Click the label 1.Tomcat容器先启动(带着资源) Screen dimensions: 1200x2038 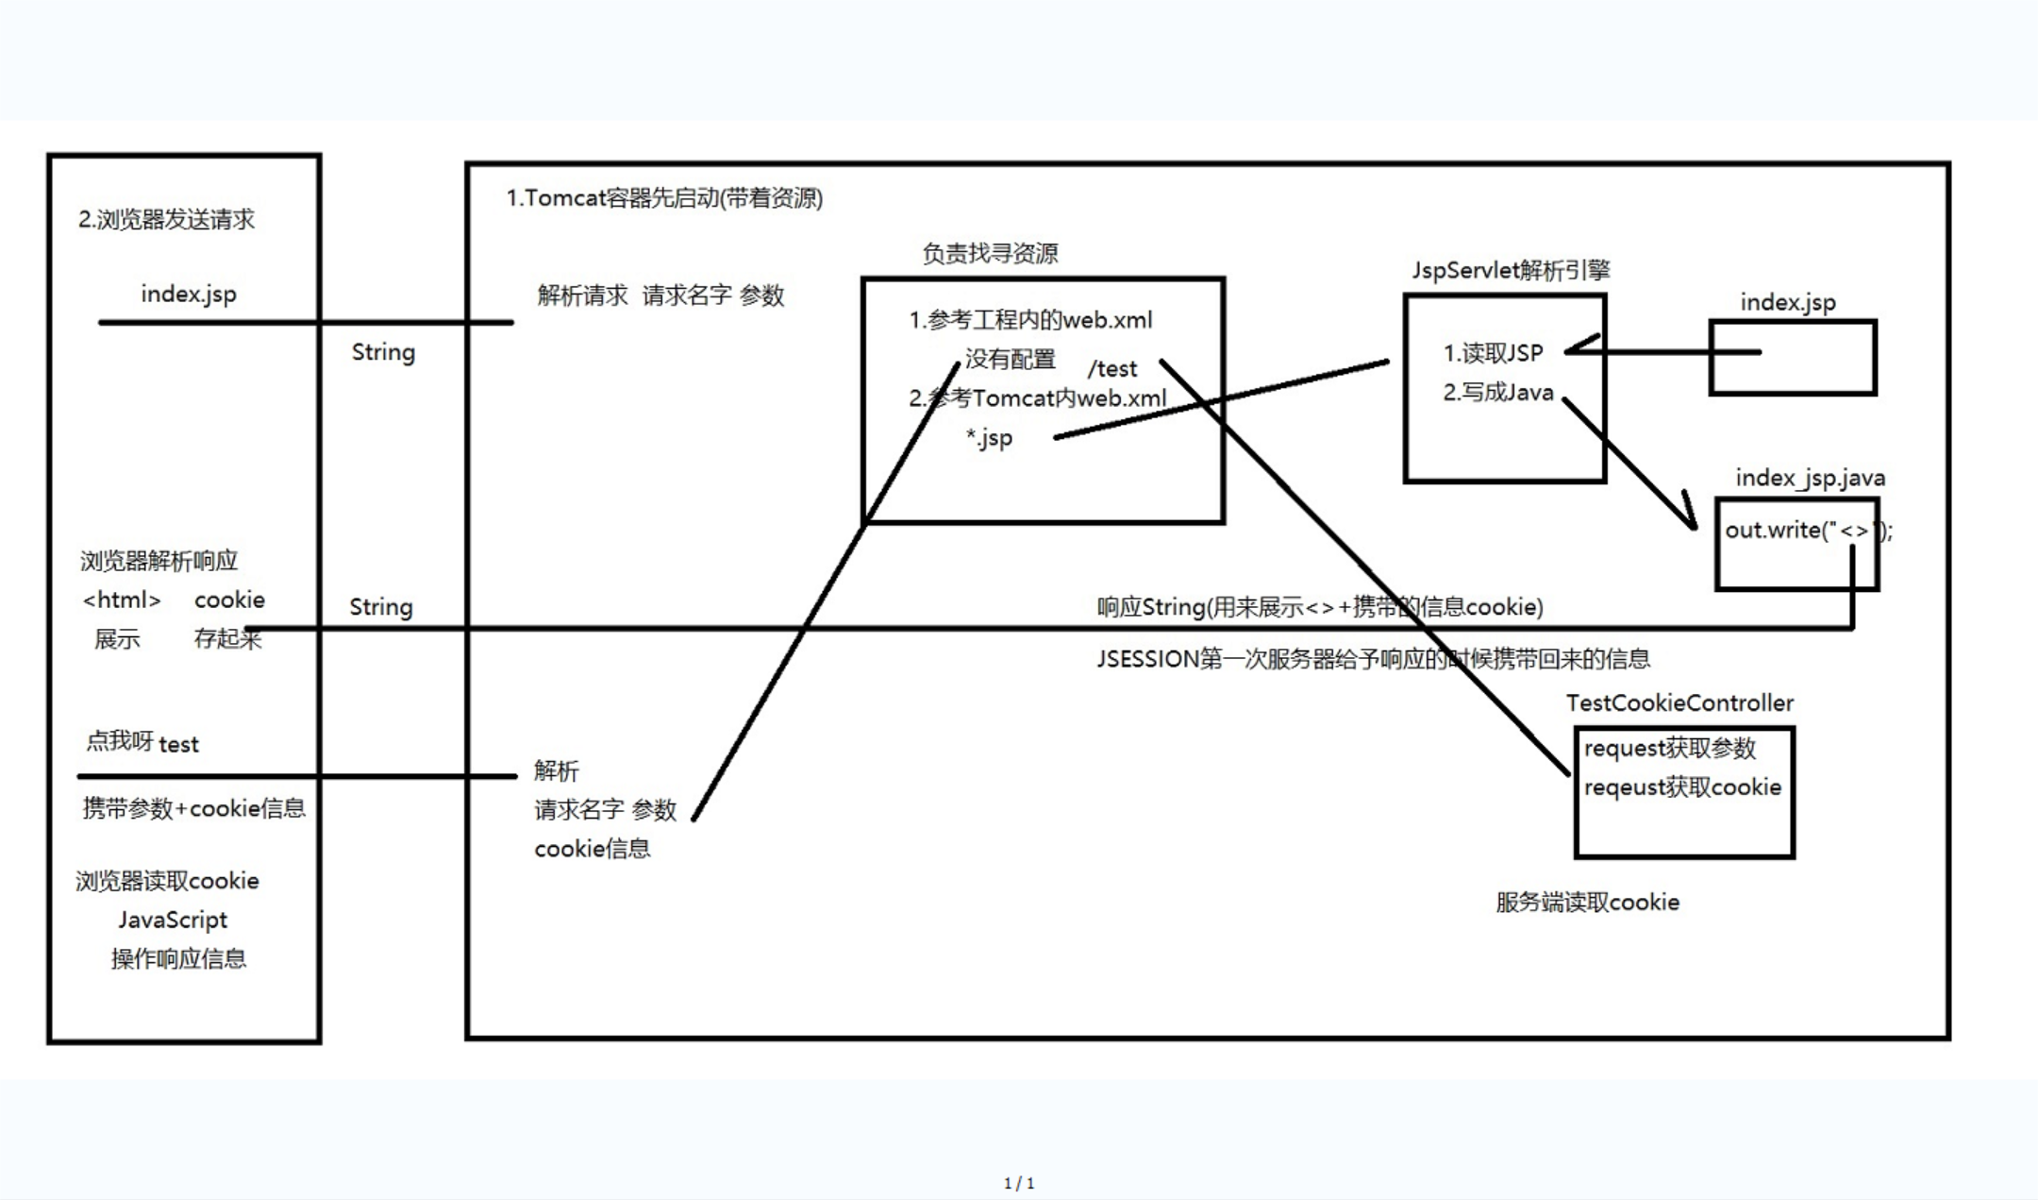pyautogui.click(x=664, y=198)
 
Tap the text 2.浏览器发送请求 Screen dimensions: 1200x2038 pyautogui.click(x=166, y=220)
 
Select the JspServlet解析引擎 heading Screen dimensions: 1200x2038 pyautogui.click(x=1510, y=271)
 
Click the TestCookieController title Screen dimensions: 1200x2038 pyautogui.click(x=1679, y=703)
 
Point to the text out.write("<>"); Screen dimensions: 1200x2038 pyautogui.click(x=1807, y=531)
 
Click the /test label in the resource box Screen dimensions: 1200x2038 pyautogui.click(x=1112, y=369)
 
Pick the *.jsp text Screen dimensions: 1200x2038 pyautogui.click(x=989, y=438)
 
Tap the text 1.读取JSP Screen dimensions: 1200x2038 pyautogui.click(x=1493, y=353)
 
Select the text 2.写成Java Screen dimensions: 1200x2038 pyautogui.click(x=1497, y=393)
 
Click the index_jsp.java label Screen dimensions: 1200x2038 pyautogui.click(x=1810, y=479)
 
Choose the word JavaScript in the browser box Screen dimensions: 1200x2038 pyautogui.click(x=173, y=920)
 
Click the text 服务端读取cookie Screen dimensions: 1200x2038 pyautogui.click(x=1587, y=903)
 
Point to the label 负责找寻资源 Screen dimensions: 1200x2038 pyautogui.click(x=990, y=253)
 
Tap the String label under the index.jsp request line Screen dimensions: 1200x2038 pyautogui.click(x=383, y=352)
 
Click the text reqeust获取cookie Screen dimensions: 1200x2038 pyautogui.click(x=1682, y=787)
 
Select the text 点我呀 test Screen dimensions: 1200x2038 pyautogui.click(x=142, y=743)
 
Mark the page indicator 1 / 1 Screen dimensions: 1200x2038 pyautogui.click(x=1019, y=1183)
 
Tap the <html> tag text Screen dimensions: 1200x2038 pyautogui.click(x=122, y=600)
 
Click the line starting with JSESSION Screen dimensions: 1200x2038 pyautogui.click(x=1373, y=659)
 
